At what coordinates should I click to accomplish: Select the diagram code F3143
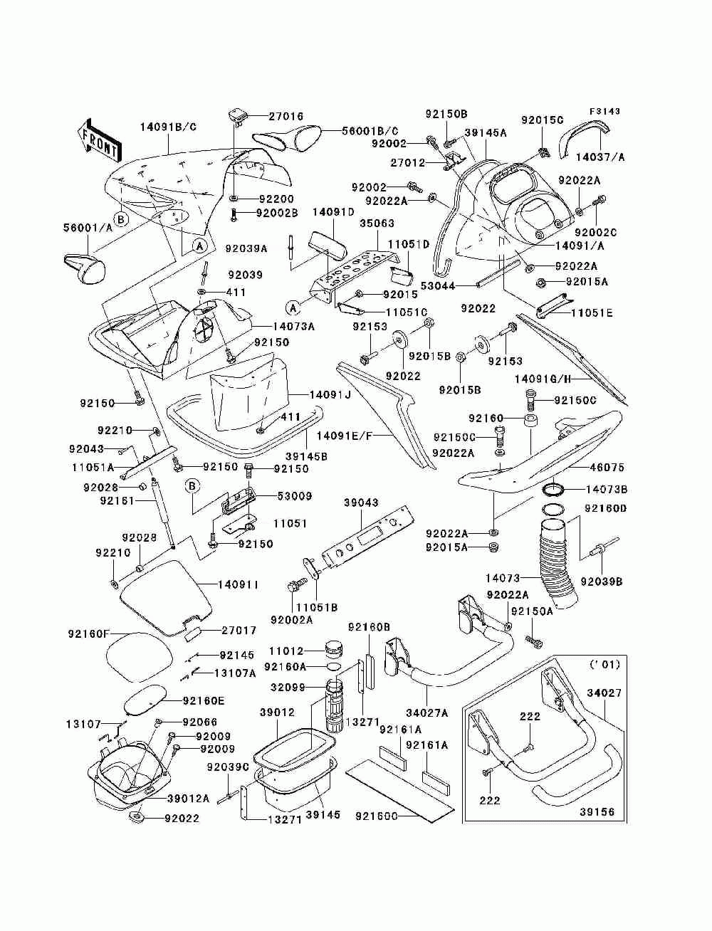604,111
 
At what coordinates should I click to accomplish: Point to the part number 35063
377,223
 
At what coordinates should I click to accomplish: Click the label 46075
607,467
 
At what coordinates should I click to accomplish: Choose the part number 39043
361,503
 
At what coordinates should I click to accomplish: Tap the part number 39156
597,811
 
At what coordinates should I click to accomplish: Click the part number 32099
287,686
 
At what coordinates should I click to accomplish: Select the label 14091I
238,584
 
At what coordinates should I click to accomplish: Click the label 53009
295,496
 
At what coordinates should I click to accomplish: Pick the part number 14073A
293,326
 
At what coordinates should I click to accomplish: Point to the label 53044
437,286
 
